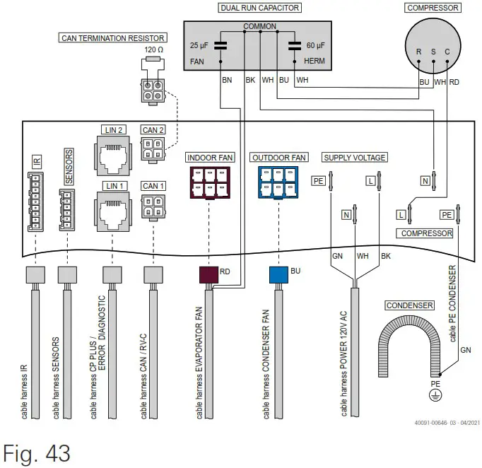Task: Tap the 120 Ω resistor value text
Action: coord(154,50)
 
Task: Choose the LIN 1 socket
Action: coord(112,209)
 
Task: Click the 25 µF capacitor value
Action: coord(199,45)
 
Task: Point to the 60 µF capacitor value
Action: coord(316,45)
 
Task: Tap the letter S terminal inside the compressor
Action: coord(433,52)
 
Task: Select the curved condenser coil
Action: coord(408,340)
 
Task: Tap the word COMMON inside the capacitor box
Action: coord(259,26)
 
